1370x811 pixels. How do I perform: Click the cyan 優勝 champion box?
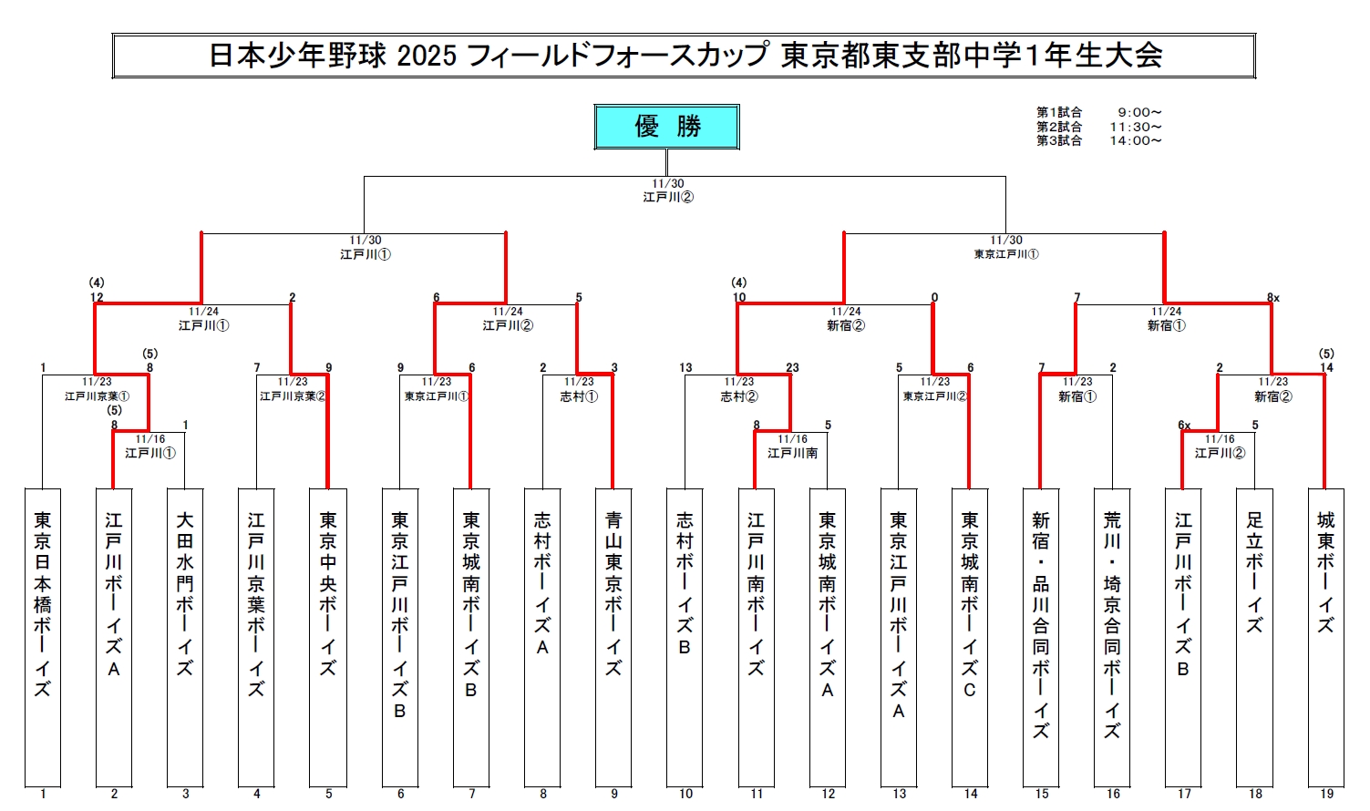tap(666, 127)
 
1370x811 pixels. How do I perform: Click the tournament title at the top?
tap(685, 56)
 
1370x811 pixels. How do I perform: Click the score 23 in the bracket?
tap(792, 368)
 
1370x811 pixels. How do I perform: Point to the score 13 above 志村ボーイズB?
tap(685, 368)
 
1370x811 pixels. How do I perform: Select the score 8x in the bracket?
tap(1272, 298)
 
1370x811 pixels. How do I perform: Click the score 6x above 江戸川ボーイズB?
tap(1184, 426)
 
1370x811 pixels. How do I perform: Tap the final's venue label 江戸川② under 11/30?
tap(668, 197)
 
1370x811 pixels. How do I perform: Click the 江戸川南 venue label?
tap(792, 453)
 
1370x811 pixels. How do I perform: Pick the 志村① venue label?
tap(579, 396)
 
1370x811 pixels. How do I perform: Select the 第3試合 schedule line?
tap(1099, 141)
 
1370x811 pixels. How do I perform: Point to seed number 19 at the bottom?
tap(1326, 794)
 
